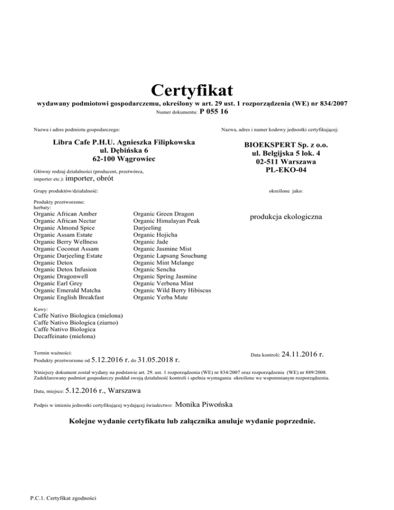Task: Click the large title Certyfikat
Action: tap(192, 90)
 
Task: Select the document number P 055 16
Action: tap(214, 111)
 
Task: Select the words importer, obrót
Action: tap(90, 179)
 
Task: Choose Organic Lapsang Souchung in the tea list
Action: tap(170, 256)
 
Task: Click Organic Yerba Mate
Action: tap(160, 297)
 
